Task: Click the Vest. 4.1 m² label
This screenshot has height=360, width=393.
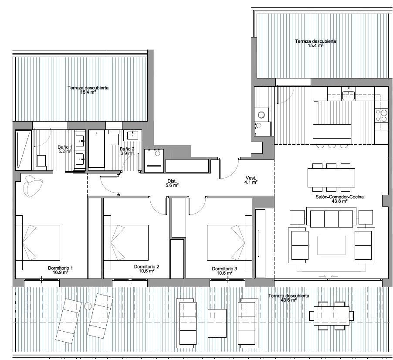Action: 251,180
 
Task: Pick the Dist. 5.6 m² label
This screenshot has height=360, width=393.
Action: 172,183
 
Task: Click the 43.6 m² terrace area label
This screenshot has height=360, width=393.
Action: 289,298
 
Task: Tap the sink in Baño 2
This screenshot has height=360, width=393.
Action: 132,136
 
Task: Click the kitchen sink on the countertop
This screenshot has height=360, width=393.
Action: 349,95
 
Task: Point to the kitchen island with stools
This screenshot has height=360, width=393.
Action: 332,136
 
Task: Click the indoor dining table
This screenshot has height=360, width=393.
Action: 331,178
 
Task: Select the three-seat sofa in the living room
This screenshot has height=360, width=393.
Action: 331,217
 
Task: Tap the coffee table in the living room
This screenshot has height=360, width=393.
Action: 331,245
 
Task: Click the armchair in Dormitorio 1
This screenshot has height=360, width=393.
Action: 32,186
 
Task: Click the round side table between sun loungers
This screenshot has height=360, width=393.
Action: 88,306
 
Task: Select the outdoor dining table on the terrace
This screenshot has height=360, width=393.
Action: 331,316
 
